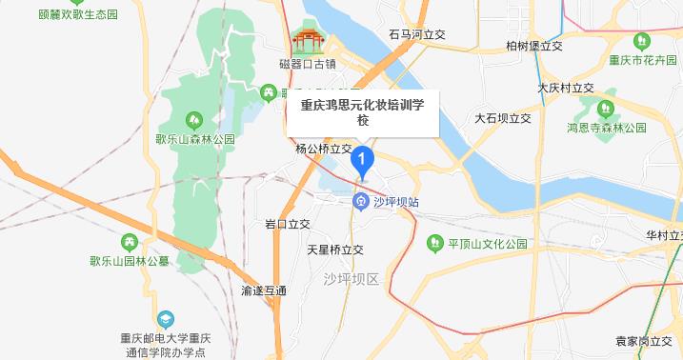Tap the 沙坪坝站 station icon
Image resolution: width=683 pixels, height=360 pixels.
(362, 202)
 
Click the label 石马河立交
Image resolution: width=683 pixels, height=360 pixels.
(418, 33)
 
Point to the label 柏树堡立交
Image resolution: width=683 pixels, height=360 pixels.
(534, 46)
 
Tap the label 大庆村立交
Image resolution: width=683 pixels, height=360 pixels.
(565, 88)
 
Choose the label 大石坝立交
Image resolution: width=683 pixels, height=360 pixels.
(503, 119)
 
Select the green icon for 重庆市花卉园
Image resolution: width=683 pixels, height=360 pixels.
(642, 41)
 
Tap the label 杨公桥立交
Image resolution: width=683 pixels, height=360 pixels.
(324, 150)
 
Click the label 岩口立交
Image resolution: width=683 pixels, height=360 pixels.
(288, 225)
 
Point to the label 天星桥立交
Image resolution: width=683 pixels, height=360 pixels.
(335, 250)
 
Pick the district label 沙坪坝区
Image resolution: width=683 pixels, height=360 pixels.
(351, 279)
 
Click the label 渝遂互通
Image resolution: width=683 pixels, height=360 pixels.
(264, 290)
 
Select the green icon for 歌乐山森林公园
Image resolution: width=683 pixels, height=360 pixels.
(194, 120)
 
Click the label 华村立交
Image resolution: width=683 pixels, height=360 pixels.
(663, 234)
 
